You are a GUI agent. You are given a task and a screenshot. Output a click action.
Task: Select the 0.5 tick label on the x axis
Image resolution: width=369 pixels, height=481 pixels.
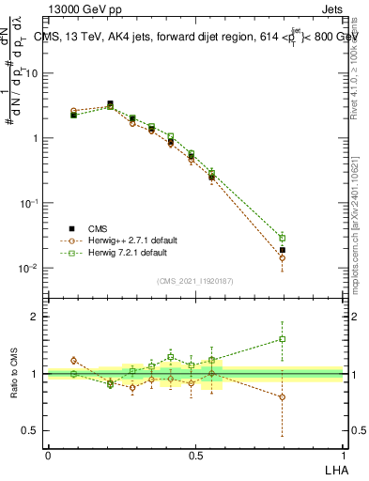click(x=195, y=454)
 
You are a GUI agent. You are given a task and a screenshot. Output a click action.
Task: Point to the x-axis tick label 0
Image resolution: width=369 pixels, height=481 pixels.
click(x=48, y=454)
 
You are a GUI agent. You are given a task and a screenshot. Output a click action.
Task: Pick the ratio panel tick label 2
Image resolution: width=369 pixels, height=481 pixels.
click(x=36, y=317)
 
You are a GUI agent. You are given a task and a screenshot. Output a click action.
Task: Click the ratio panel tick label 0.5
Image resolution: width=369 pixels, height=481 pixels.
click(x=32, y=430)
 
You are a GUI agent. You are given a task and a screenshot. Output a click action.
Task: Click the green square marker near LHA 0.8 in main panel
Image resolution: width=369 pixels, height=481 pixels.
click(x=282, y=238)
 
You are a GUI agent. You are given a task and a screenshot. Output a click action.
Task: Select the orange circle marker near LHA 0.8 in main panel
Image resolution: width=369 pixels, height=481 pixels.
click(x=282, y=257)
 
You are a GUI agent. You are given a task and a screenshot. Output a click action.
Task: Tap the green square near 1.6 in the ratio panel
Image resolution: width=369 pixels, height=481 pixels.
click(x=282, y=339)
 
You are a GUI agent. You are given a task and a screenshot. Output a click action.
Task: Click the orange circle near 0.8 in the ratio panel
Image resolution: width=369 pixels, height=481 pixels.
click(x=282, y=396)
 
